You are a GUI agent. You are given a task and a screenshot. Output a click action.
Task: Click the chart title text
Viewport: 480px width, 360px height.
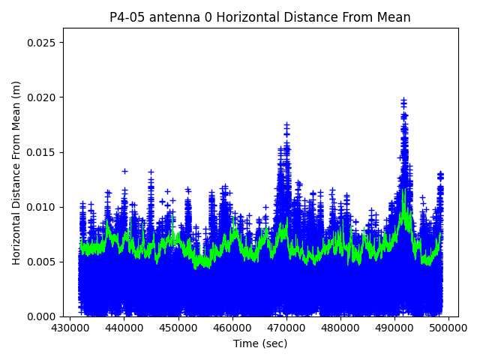pyautogui.click(x=260, y=17)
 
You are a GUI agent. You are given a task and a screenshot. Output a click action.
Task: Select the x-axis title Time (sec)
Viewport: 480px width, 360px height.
pyautogui.click(x=260, y=343)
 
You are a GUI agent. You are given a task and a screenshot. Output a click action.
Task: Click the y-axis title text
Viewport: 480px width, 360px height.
pyautogui.click(x=16, y=172)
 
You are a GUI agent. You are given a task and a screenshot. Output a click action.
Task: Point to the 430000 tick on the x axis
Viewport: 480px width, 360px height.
pyautogui.click(x=70, y=328)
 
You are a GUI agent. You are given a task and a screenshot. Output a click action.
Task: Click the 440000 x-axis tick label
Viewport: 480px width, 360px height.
pyautogui.click(x=124, y=328)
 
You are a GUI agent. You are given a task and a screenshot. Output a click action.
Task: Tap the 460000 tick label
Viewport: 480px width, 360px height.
pyautogui.click(x=232, y=328)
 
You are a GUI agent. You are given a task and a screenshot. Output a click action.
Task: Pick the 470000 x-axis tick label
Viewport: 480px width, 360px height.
pyautogui.click(x=286, y=328)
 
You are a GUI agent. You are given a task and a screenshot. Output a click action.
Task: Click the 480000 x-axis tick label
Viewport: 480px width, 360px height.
pyautogui.click(x=340, y=328)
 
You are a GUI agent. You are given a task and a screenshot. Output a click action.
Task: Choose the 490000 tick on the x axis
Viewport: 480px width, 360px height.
pyautogui.click(x=394, y=328)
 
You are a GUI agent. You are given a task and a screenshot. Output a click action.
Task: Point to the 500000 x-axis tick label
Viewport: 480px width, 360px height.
pyautogui.click(x=448, y=328)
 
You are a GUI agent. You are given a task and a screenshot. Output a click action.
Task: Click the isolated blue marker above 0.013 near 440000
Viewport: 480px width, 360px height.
pyautogui.click(x=124, y=171)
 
